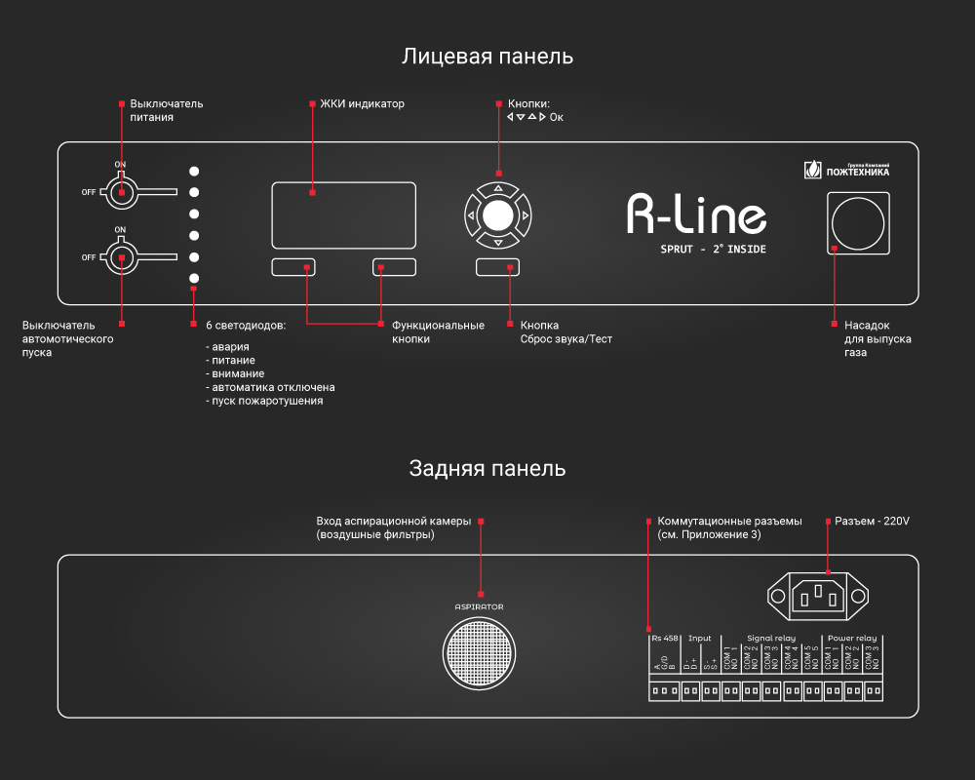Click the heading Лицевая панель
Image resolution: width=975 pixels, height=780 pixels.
pyautogui.click(x=487, y=57)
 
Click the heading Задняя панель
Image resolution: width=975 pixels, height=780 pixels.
pyautogui.click(x=487, y=469)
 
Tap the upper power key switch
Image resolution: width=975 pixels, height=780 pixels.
pyautogui.click(x=122, y=191)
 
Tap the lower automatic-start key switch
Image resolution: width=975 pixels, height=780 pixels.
pyautogui.click(x=122, y=257)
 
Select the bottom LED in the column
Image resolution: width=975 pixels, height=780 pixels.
pyautogui.click(x=194, y=279)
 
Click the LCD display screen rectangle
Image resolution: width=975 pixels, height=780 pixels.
pyautogui.click(x=343, y=214)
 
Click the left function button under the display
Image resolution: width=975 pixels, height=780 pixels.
pyautogui.click(x=292, y=267)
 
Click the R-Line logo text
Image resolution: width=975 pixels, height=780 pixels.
pyautogui.click(x=695, y=214)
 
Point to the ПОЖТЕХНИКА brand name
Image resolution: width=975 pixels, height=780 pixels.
pyautogui.click(x=857, y=173)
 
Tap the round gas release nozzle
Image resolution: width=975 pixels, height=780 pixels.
pyautogui.click(x=858, y=222)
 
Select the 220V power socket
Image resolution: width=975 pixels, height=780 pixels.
pyautogui.click(x=817, y=595)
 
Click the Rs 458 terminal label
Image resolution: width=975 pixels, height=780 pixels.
pyautogui.click(x=664, y=639)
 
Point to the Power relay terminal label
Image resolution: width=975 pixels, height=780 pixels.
pyautogui.click(x=852, y=639)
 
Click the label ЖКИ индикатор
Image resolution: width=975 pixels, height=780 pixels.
pyautogui.click(x=362, y=103)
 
